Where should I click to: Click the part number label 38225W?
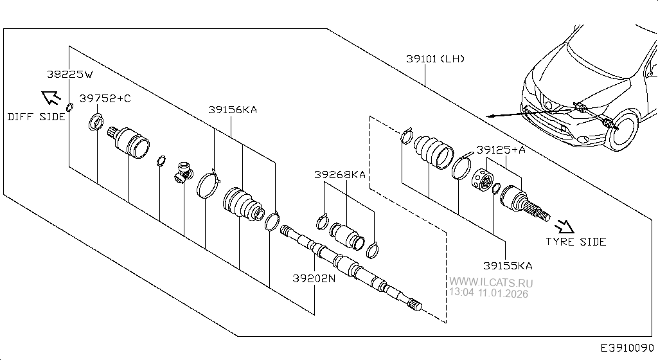point(69,74)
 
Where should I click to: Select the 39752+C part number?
point(105,98)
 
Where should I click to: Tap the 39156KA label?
point(232,110)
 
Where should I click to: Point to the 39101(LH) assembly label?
point(435,59)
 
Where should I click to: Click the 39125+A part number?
point(501,149)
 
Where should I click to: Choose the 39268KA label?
point(340,174)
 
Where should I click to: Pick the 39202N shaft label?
point(314,278)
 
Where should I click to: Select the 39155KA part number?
point(508,265)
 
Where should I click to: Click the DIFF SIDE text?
point(37,117)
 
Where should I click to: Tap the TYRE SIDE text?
point(576,242)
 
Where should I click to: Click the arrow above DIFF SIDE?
point(49,98)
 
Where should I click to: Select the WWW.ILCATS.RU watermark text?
point(491,282)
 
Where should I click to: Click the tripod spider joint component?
point(183,172)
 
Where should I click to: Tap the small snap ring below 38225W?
point(70,105)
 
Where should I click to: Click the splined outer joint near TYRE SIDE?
point(524,202)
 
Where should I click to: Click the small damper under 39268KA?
point(346,235)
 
